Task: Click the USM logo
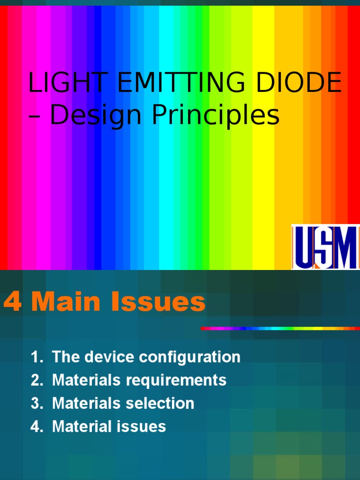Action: tap(325, 247)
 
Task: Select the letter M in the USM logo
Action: tap(346, 247)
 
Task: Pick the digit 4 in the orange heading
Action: tap(12, 303)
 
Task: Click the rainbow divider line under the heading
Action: tap(280, 329)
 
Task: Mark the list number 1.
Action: tap(36, 357)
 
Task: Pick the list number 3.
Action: tap(36, 404)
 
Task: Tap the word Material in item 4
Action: tap(82, 427)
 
